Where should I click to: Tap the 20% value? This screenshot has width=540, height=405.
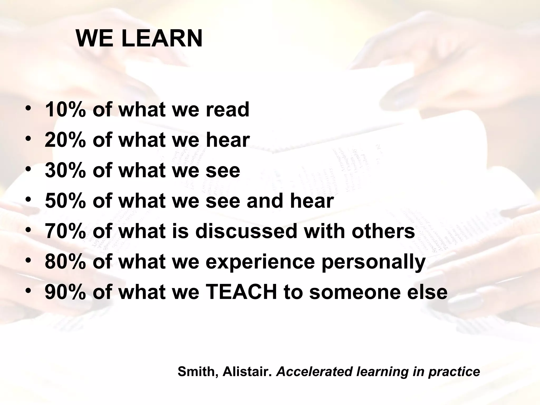(65, 140)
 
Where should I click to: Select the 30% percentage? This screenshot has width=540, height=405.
(65, 170)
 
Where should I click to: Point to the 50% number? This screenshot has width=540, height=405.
(65, 201)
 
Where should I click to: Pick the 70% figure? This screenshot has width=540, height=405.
(65, 231)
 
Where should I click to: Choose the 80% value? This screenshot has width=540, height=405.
(65, 262)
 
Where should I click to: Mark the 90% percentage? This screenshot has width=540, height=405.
(65, 292)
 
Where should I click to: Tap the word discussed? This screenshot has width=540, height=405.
(246, 231)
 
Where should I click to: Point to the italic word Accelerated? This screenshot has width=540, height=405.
(314, 372)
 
